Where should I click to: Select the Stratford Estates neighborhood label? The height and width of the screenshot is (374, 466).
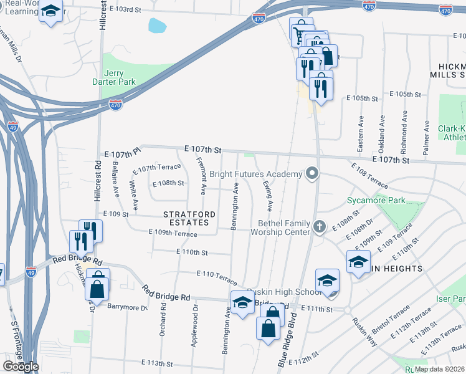point(189,218)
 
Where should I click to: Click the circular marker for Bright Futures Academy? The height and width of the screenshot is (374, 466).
point(312,174)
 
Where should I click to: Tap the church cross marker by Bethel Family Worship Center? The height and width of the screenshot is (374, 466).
point(320,226)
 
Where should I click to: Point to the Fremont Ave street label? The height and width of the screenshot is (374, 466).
point(203,176)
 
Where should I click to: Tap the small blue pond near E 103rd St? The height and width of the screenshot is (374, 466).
point(157,26)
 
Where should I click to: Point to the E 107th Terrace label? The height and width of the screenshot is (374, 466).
point(156,168)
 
